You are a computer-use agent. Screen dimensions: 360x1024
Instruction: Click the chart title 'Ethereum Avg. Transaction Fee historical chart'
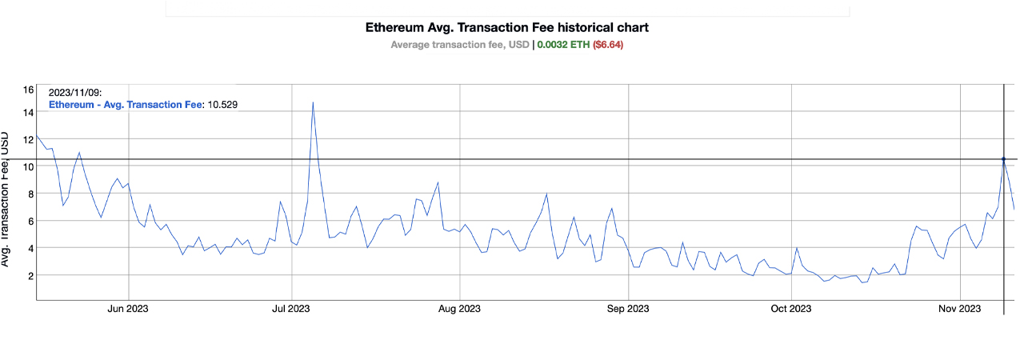pyautogui.click(x=506, y=27)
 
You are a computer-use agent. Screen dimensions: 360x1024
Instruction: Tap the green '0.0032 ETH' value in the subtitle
pyautogui.click(x=563, y=45)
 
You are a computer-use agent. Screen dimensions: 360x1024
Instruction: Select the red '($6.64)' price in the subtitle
pyautogui.click(x=607, y=45)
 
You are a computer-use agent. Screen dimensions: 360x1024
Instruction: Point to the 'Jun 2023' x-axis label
pyautogui.click(x=127, y=308)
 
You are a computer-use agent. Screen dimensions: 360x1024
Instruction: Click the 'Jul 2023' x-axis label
pyautogui.click(x=291, y=308)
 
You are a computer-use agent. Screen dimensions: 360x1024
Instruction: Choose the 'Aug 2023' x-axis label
pyautogui.click(x=459, y=308)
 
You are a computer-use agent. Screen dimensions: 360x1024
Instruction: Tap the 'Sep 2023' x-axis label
pyautogui.click(x=628, y=308)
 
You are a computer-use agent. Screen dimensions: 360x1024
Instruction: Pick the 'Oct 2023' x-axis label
pyautogui.click(x=790, y=308)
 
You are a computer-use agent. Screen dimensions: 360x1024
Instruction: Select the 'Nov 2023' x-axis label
pyautogui.click(x=959, y=308)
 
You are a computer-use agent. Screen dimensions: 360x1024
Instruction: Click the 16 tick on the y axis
pyautogui.click(x=28, y=90)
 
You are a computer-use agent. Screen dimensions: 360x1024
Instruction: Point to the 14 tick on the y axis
pyautogui.click(x=28, y=113)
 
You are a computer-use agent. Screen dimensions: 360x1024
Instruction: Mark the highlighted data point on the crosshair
pyautogui.click(x=1003, y=159)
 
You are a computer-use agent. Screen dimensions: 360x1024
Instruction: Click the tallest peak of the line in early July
pyautogui.click(x=312, y=102)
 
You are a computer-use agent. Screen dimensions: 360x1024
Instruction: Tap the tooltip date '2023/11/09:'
pyautogui.click(x=75, y=93)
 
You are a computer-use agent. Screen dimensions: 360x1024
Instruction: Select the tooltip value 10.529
pyautogui.click(x=222, y=104)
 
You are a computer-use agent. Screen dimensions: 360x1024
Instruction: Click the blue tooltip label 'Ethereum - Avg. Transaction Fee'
pyautogui.click(x=126, y=104)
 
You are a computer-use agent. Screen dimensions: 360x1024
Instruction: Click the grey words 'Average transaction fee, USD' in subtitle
pyautogui.click(x=459, y=45)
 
